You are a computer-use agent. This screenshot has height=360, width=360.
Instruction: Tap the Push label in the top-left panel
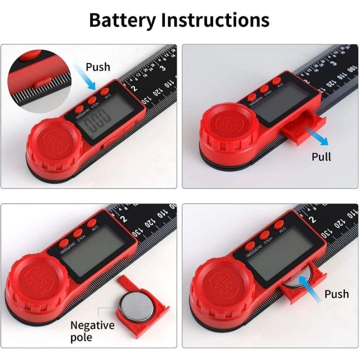coord(98,66)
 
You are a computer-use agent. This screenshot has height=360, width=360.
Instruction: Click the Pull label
coord(321,156)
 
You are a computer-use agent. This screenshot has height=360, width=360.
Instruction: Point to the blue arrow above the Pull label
coord(314,136)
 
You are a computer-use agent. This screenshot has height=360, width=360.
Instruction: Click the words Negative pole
coord(92,331)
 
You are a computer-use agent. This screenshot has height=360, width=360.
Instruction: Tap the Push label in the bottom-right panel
coord(336,293)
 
